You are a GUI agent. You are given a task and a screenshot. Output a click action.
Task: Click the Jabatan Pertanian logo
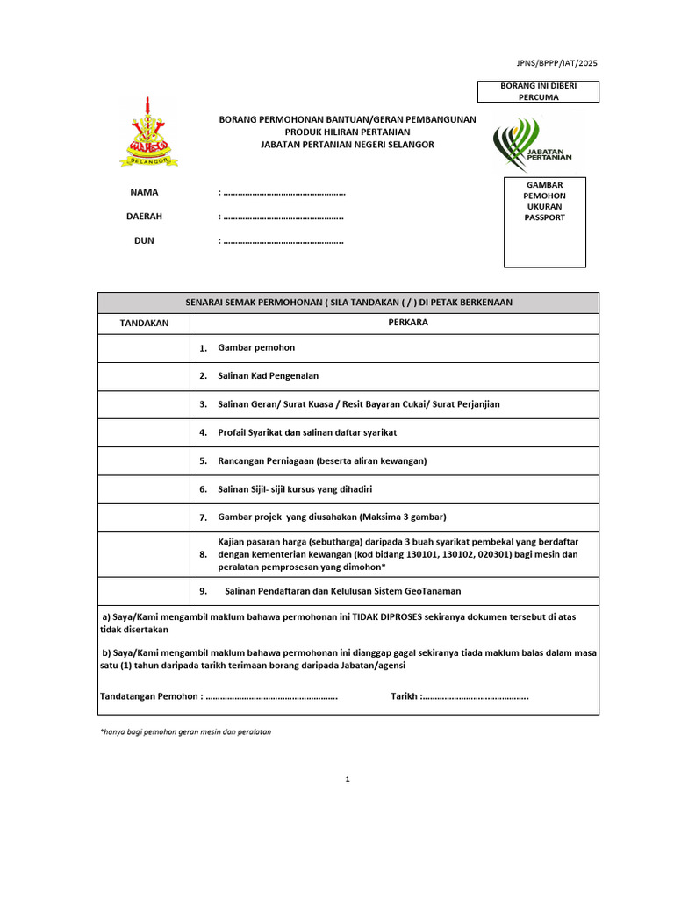point(531,144)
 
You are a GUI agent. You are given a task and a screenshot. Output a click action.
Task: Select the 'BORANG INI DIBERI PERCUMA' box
point(538,92)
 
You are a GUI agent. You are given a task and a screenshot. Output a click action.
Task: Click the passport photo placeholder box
point(544,223)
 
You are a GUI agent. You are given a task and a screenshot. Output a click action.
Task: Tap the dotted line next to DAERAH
point(283,217)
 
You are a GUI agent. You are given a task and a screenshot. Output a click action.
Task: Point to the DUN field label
point(144,240)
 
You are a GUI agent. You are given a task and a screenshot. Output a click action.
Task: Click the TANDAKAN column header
point(144,324)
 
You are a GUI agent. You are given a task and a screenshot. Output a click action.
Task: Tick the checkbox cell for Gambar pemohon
point(144,348)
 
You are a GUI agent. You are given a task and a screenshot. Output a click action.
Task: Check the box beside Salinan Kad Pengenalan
point(144,376)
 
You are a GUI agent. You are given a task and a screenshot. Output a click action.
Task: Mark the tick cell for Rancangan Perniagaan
point(144,460)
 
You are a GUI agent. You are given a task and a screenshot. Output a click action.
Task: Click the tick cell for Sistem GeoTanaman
point(144,591)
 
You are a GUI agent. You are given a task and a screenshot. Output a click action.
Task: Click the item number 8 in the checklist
point(203,555)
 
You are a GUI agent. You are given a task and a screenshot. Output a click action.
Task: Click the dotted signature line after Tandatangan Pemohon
point(271,697)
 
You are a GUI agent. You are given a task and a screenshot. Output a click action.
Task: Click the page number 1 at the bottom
point(348,779)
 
